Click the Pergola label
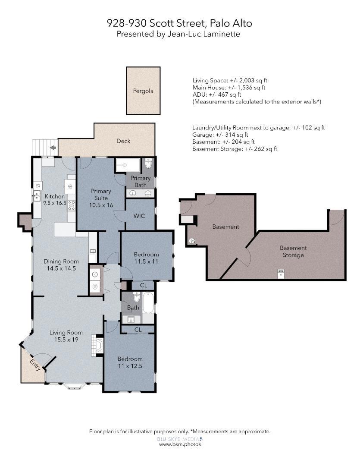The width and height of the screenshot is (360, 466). (143, 91)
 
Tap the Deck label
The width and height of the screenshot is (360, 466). (123, 141)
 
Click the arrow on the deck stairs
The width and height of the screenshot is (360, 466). (53, 148)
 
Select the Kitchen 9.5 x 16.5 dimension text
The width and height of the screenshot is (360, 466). (55, 203)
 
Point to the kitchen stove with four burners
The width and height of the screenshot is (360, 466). (72, 205)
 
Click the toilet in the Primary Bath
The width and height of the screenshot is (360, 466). (148, 163)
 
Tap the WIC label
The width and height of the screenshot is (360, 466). (139, 216)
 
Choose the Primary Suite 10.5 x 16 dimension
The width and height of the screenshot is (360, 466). (101, 205)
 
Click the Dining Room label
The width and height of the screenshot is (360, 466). (61, 261)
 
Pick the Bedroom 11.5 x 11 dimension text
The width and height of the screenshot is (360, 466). (146, 261)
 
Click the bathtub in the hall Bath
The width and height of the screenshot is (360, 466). (148, 303)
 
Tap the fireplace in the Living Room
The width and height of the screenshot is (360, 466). (97, 345)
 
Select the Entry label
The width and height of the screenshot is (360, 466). (35, 365)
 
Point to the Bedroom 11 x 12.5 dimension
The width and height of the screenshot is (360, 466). (130, 366)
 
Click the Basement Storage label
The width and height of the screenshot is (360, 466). (293, 252)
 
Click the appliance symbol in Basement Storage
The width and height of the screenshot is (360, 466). (281, 274)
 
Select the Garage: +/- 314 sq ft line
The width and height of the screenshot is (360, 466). (220, 135)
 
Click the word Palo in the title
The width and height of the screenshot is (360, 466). (220, 23)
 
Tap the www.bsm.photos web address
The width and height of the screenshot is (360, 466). (180, 444)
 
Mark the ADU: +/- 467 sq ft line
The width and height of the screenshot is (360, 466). (217, 94)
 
